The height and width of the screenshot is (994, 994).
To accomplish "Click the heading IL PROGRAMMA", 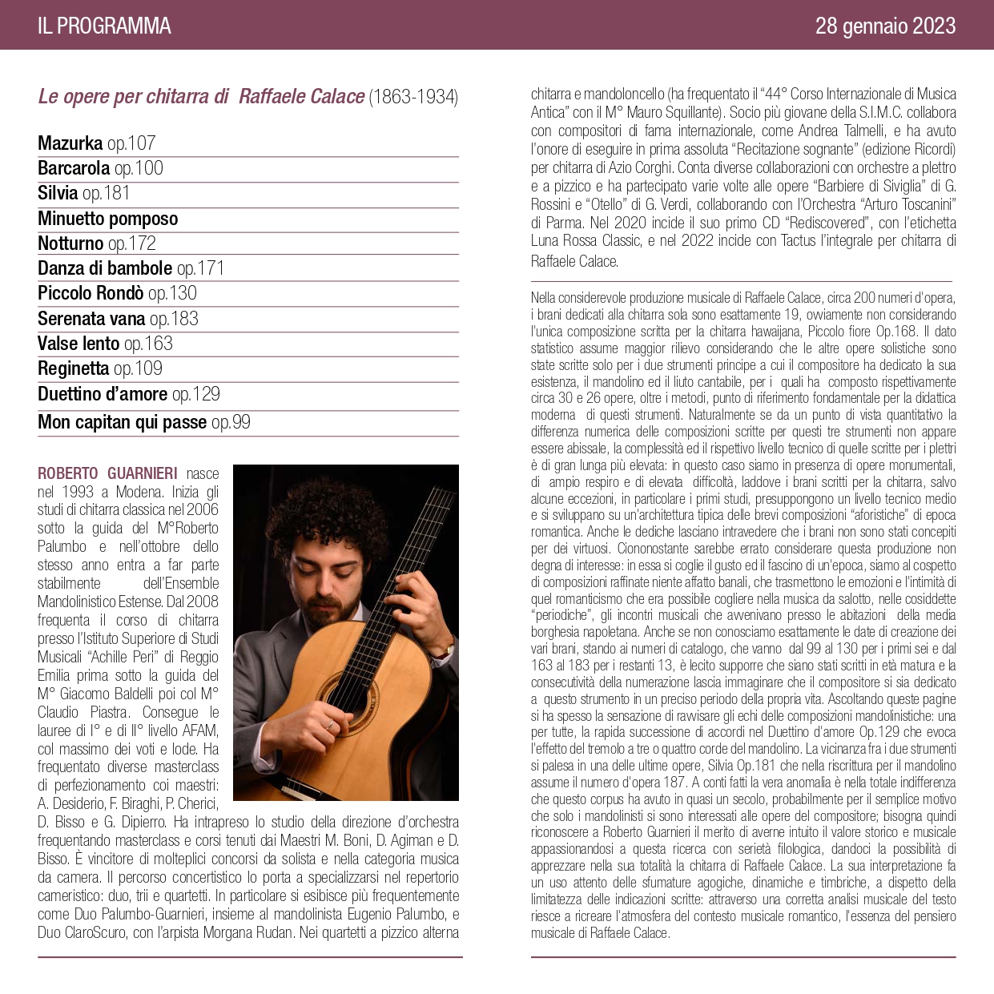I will point(104,26).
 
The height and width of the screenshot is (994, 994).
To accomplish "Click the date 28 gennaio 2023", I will point(885,26).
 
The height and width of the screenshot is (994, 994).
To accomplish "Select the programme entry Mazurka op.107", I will point(97,143).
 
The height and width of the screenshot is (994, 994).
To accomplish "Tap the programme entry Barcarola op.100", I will point(100,168).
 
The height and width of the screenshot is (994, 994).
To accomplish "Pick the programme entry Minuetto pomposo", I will point(108,219).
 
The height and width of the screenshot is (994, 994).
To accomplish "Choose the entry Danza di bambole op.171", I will point(131,268).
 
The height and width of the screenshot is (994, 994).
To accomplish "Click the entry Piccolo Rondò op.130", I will point(117,293).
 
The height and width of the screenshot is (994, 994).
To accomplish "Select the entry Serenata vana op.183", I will point(118,319).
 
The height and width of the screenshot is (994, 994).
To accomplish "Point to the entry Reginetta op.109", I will point(100,368).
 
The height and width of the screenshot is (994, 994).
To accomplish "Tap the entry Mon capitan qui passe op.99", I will point(144,422).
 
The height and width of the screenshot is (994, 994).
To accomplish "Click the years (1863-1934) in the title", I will point(413,97).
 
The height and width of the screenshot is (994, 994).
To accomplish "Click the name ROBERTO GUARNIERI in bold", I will point(107,473).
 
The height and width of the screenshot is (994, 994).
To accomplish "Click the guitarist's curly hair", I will point(336,513).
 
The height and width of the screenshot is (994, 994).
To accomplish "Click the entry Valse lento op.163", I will point(105,344).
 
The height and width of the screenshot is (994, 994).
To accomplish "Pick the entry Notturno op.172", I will point(97,243).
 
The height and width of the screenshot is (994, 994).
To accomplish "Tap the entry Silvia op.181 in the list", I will point(83,193).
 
